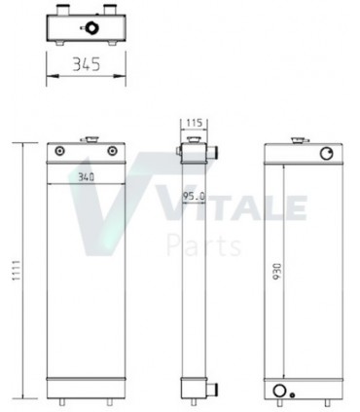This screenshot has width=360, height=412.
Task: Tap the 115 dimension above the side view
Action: [x=192, y=124]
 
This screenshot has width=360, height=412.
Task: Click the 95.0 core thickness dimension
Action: [x=194, y=198]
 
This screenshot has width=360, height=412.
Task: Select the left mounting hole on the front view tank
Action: [x=61, y=151]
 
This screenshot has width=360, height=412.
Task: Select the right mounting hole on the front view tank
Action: [x=116, y=151]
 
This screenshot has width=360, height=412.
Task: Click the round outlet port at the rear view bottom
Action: [x=282, y=391]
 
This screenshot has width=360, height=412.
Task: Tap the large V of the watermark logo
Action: [x=107, y=209]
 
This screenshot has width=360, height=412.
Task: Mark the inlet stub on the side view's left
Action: [x=180, y=148]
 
